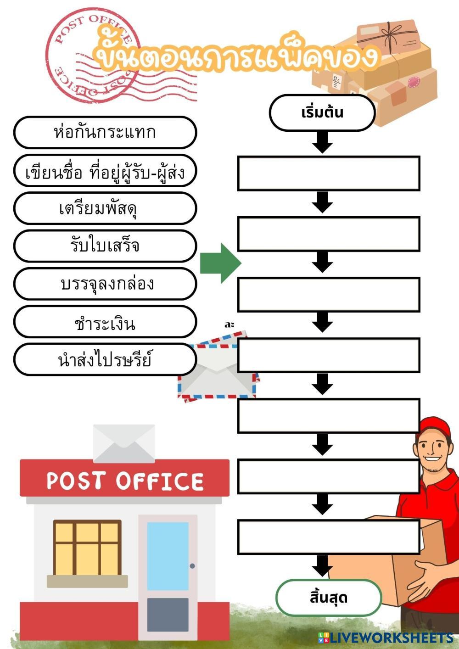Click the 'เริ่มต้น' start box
coord(322,113)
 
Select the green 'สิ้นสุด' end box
coord(329,598)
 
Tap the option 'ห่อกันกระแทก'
coord(105,132)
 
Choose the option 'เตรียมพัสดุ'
coord(105,208)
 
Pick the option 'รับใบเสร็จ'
coord(105,246)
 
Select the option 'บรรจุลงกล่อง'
coord(105,284)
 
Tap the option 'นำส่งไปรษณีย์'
coord(105,359)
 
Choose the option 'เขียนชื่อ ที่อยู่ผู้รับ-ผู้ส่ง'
coord(105,171)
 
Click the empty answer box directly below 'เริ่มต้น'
coord(329,173)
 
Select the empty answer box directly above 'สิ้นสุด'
coord(329,537)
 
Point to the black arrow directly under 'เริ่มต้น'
coord(322,142)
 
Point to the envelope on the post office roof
coord(124,443)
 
